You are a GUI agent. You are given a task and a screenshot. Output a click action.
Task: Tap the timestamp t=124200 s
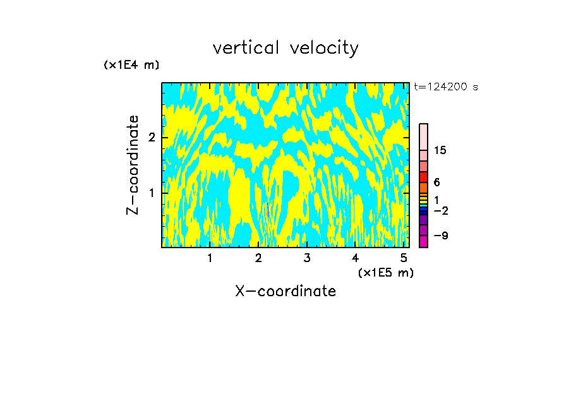(x=445, y=87)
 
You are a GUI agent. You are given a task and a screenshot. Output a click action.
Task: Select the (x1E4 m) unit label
(x=131, y=65)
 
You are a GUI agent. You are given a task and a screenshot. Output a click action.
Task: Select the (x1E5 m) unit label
(x=385, y=273)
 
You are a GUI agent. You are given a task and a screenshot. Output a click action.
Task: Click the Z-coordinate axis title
(x=133, y=165)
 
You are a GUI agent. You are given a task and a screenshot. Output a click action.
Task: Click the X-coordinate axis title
(x=285, y=291)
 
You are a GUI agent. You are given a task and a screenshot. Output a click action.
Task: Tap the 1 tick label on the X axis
(x=210, y=258)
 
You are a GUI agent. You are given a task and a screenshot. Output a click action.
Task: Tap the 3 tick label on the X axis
(x=307, y=258)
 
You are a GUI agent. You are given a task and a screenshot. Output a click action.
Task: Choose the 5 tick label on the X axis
(x=404, y=258)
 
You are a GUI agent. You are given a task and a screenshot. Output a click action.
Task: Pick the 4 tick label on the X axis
(x=355, y=258)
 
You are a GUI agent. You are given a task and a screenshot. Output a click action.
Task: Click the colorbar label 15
(x=440, y=150)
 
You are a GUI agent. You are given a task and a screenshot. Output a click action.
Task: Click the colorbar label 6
(x=436, y=182)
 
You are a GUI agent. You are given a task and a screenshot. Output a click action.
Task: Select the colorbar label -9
(x=441, y=236)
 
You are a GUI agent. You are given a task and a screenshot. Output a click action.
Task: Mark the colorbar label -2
(x=441, y=210)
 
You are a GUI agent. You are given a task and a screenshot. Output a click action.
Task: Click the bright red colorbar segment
(x=423, y=177)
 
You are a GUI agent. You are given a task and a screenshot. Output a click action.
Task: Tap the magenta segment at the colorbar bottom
(x=423, y=241)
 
